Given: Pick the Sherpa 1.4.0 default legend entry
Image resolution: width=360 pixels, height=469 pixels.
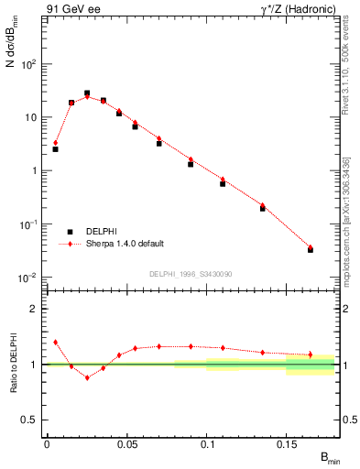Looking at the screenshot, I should [124, 245].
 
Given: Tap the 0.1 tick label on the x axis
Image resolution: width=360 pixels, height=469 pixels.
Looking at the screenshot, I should [207, 443].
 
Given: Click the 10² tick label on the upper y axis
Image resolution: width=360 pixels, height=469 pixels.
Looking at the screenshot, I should [29, 65].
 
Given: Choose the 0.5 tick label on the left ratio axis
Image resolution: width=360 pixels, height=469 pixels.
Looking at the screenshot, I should [29, 420].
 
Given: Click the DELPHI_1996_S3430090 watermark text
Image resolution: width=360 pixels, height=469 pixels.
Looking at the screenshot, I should [190, 273].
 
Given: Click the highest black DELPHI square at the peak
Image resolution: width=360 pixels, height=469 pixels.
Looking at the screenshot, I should [87, 93].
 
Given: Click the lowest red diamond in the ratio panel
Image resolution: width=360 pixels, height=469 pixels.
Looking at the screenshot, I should [87, 377].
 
